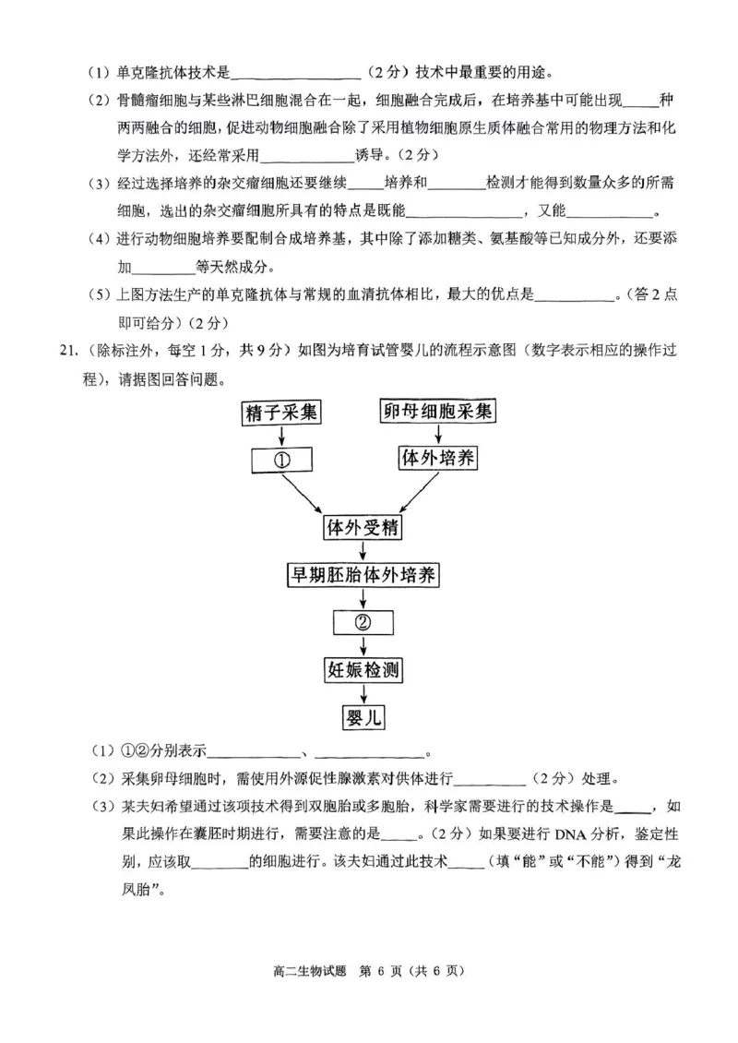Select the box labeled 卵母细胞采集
(437, 412)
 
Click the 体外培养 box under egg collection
(437, 458)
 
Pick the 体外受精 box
(363, 528)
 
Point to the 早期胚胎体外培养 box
(363, 575)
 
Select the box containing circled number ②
(363, 622)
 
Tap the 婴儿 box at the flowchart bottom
(363, 717)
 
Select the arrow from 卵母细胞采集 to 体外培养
(437, 435)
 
